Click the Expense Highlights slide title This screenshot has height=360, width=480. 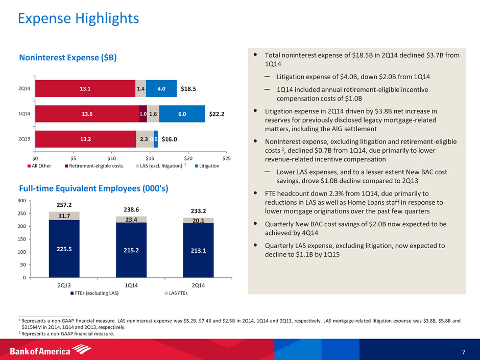(x=78, y=19)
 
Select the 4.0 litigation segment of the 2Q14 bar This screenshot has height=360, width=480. (x=161, y=88)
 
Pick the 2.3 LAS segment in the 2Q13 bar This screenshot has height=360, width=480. (x=145, y=139)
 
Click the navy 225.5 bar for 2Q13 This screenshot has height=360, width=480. (x=64, y=248)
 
